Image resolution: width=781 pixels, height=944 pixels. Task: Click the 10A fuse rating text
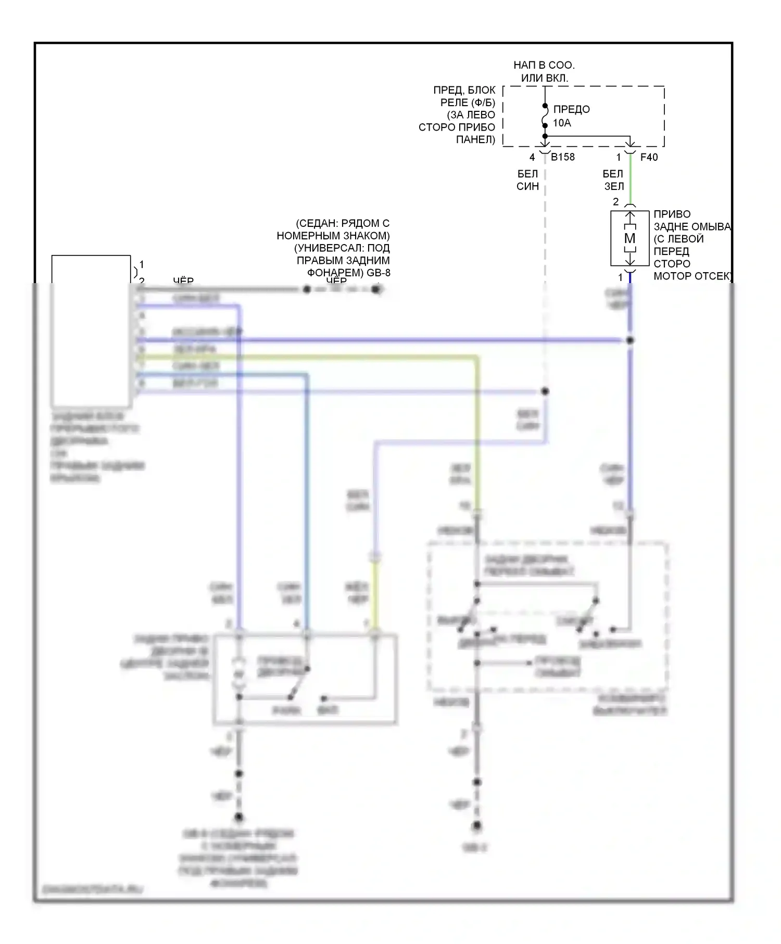(x=562, y=123)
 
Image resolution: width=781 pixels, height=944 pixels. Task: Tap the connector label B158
(x=563, y=157)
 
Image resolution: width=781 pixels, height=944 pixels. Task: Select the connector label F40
(x=649, y=157)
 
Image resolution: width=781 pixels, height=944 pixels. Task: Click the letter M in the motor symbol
(x=629, y=238)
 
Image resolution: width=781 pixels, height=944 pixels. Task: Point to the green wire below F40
(x=630, y=180)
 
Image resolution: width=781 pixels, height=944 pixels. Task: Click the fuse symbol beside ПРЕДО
(x=545, y=116)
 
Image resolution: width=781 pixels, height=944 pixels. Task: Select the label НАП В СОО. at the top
(x=544, y=65)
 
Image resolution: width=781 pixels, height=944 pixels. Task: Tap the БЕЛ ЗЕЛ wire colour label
(x=613, y=180)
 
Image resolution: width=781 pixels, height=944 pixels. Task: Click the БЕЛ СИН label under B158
(x=527, y=180)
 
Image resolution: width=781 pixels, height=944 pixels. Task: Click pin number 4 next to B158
(x=532, y=157)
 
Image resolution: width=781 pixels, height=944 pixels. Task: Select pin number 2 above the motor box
(x=616, y=201)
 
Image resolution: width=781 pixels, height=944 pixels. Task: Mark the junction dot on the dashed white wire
(x=545, y=391)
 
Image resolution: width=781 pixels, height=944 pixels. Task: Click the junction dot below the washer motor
(x=630, y=340)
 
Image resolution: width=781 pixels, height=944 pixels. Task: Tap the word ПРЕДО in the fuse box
(x=571, y=109)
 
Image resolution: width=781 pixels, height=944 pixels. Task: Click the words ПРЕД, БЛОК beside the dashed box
(x=464, y=90)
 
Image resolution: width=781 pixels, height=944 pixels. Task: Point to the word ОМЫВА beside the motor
(x=712, y=226)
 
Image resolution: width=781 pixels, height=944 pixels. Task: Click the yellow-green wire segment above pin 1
(x=375, y=593)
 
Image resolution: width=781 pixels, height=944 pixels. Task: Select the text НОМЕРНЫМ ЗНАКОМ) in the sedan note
(x=333, y=236)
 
